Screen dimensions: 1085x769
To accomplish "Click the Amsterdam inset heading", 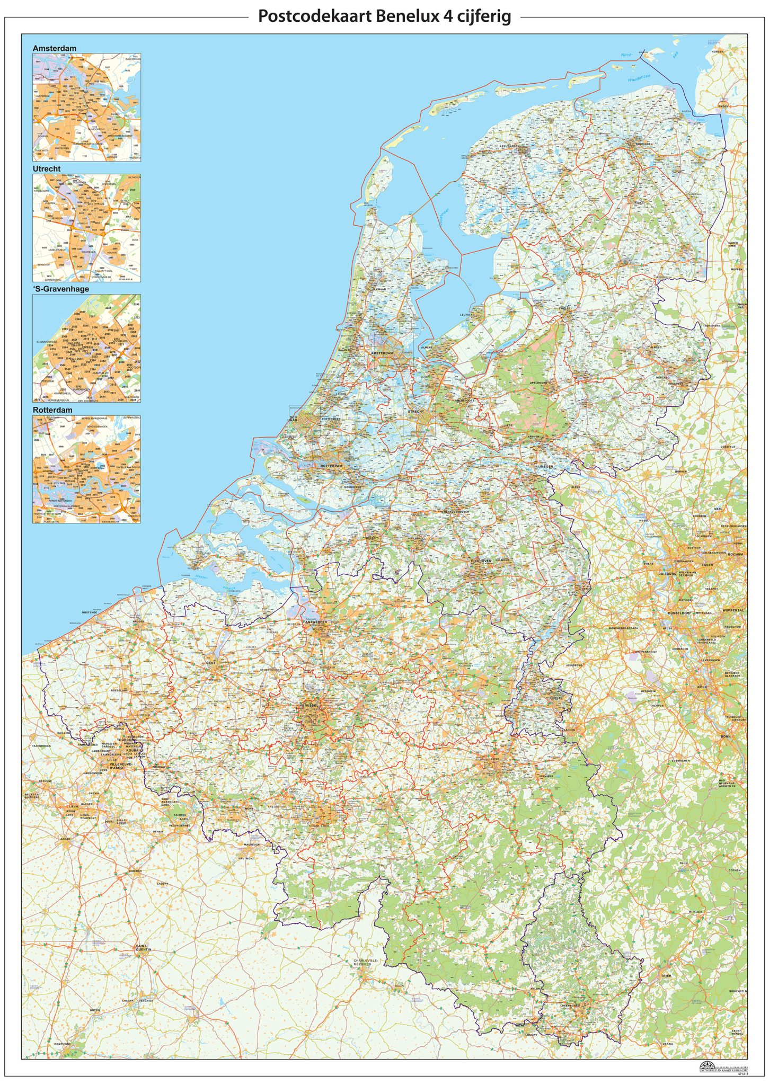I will pos(54,48).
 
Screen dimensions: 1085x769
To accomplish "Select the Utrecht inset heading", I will pos(47,168).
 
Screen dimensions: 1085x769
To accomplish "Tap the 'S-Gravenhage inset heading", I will pos(60,289).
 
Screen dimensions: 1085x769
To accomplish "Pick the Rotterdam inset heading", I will pos(52,410).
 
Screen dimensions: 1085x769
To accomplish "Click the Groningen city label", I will pos(644,144).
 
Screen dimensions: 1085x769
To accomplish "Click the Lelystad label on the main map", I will pos(467,314).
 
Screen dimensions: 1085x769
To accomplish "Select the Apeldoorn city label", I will pos(538,382).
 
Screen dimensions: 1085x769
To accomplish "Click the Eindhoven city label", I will pos(481,560).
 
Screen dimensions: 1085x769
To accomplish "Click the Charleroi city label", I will pos(319,825).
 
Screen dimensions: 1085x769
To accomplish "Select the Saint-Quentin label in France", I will pos(143,947).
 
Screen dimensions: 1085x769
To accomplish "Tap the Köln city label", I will pos(702,687).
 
